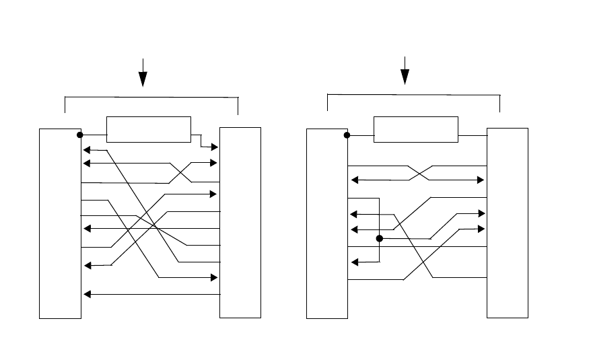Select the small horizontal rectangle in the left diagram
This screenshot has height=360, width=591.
(149, 129)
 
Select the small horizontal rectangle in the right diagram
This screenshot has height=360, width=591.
(415, 129)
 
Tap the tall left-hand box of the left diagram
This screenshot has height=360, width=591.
(60, 222)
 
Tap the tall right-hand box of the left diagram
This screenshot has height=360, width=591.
(240, 222)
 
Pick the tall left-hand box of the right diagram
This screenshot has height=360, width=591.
(327, 222)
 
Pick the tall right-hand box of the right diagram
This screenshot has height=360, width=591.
(508, 222)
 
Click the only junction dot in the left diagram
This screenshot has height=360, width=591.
(80, 135)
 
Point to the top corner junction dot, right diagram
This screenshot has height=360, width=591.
(347, 135)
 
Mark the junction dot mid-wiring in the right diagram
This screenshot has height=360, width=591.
(380, 238)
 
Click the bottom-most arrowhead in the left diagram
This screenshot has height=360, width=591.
(85, 294)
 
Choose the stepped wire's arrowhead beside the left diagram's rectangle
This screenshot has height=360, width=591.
(216, 146)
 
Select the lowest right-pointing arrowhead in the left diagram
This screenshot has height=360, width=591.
(216, 277)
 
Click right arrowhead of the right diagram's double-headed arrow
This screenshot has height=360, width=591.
(482, 180)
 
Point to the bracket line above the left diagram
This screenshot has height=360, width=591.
(151, 97)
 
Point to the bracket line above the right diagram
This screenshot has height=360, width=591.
(413, 94)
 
